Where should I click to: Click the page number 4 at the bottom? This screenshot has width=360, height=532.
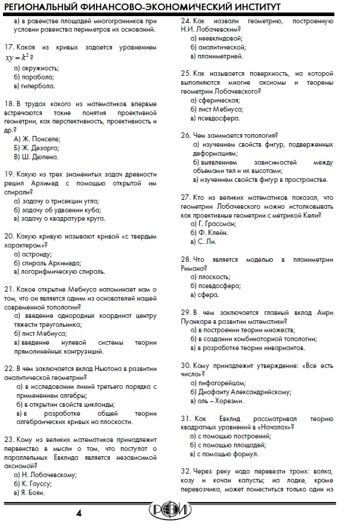tap(79, 514)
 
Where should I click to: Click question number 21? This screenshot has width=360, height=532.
tap(8, 289)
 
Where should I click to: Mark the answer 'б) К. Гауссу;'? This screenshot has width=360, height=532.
tap(36, 484)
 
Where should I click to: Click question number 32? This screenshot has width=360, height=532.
tap(185, 471)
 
